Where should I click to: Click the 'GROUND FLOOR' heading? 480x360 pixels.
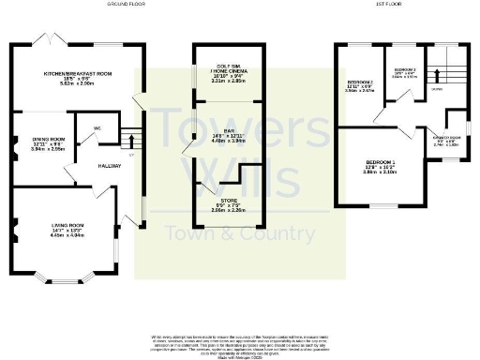pos(127,4)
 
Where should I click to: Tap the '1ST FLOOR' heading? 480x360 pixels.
pos(361,4)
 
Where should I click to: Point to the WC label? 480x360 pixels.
pos(97,127)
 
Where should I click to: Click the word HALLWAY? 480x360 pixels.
pos(111,165)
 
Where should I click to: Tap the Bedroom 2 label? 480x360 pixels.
pos(359,85)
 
